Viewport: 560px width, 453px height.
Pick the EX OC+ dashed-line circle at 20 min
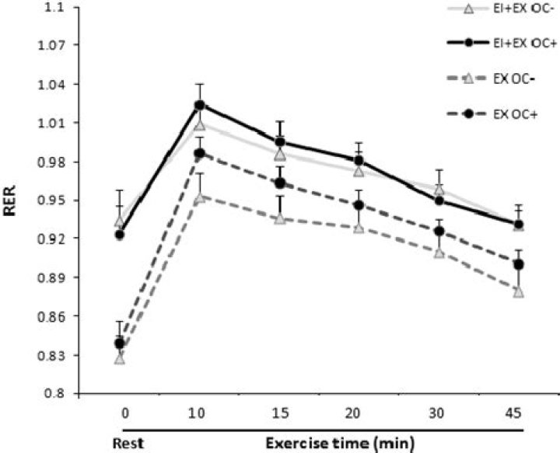359,205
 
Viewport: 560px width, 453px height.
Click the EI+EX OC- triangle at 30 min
439,189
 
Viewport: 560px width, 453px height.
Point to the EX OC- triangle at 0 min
120,358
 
